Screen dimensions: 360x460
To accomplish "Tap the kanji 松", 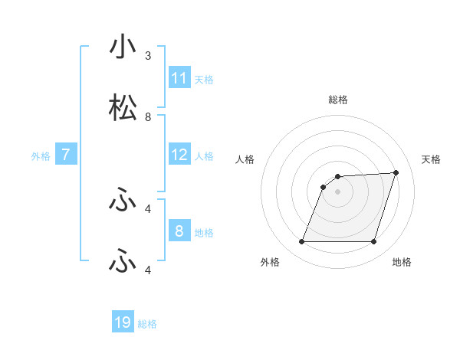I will coord(123,108).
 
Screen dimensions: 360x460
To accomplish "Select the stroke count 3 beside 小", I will coord(148,56).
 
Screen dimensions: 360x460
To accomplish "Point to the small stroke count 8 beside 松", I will coord(148,117).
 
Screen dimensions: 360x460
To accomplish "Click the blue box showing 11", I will coord(179,78).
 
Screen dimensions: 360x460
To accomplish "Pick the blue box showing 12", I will coord(179,155).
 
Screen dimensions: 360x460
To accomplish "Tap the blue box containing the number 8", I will coord(179,231).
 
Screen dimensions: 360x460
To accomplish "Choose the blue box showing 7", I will coord(66,155).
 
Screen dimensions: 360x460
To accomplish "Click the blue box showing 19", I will coord(123,322).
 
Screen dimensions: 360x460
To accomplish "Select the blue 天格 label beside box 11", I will coord(204,79).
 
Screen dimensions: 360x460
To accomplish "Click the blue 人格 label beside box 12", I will coord(204,155).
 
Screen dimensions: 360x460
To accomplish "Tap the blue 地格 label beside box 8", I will coord(204,232).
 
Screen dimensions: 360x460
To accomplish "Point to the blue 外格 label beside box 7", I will coord(41,155).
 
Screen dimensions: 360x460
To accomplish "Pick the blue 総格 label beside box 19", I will coord(147,323).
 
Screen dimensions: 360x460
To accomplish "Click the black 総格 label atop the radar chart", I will coord(338,100).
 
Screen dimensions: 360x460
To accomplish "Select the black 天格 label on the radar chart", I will coord(432,159).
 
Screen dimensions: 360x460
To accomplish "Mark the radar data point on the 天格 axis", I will coord(396,172).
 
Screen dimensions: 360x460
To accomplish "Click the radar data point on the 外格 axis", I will coord(301,242).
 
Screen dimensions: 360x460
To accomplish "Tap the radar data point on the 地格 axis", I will coord(373,242).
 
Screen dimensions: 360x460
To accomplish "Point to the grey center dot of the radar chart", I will coord(337,191).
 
